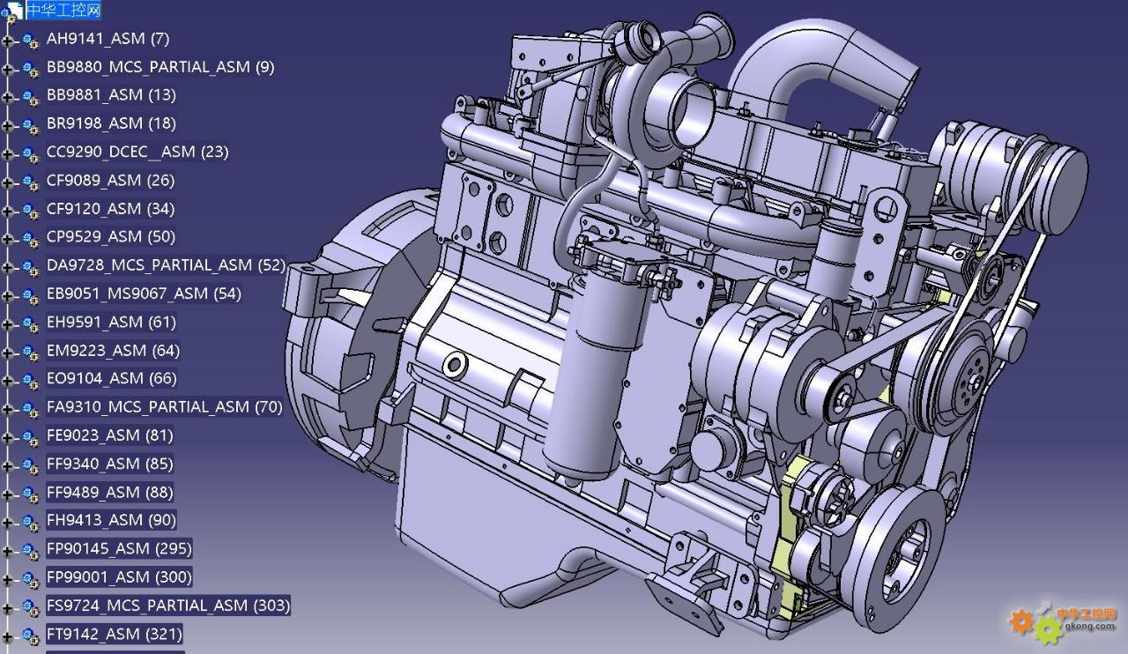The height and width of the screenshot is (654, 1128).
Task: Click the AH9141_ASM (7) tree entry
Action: coord(108,38)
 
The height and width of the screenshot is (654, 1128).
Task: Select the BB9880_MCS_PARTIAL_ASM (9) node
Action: coord(160,66)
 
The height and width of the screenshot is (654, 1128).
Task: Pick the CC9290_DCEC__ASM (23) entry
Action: coord(137,152)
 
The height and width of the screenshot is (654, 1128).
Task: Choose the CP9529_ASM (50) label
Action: coord(111,236)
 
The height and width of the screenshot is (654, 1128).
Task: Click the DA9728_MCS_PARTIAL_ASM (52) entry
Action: coord(166,265)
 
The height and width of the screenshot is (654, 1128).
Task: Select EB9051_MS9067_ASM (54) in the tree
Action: coord(144,294)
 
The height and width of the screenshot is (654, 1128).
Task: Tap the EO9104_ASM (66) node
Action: coord(111,378)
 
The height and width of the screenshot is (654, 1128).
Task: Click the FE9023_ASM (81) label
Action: coord(110,435)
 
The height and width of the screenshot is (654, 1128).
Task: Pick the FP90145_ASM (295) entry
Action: coord(119,548)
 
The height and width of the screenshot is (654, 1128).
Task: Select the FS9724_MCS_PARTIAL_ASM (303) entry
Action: coord(168,606)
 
